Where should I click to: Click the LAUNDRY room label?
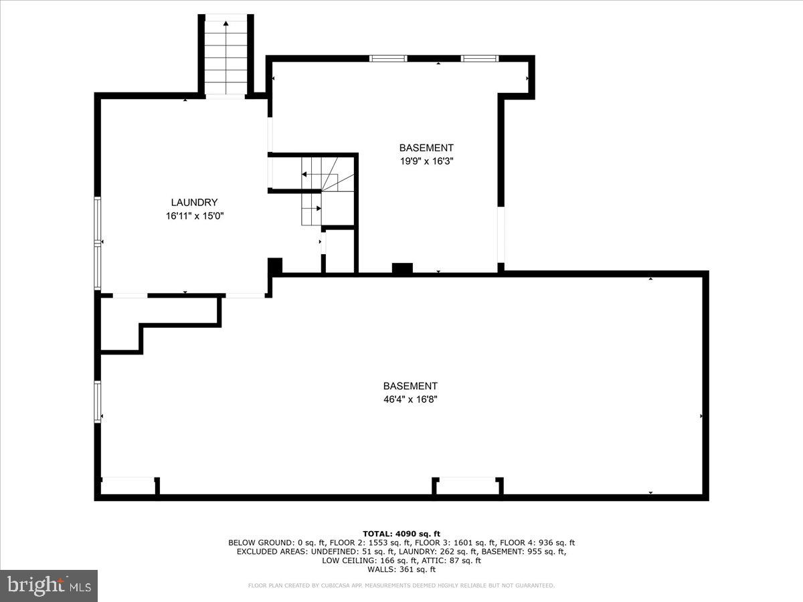point(194,203)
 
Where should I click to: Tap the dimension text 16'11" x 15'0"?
point(194,216)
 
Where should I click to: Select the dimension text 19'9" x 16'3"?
point(426,161)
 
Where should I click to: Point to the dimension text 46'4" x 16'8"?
point(410,399)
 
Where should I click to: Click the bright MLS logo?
point(49,585)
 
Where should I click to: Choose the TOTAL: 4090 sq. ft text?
point(401,533)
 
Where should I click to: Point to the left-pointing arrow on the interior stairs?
point(304,175)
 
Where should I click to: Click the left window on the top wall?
point(388,59)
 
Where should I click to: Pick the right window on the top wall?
point(480,59)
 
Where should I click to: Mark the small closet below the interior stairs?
point(340,252)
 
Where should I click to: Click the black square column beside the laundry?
point(275,266)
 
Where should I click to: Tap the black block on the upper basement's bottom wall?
point(402,268)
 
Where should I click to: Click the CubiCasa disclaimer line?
point(401,586)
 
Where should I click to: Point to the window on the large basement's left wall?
point(98,401)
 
